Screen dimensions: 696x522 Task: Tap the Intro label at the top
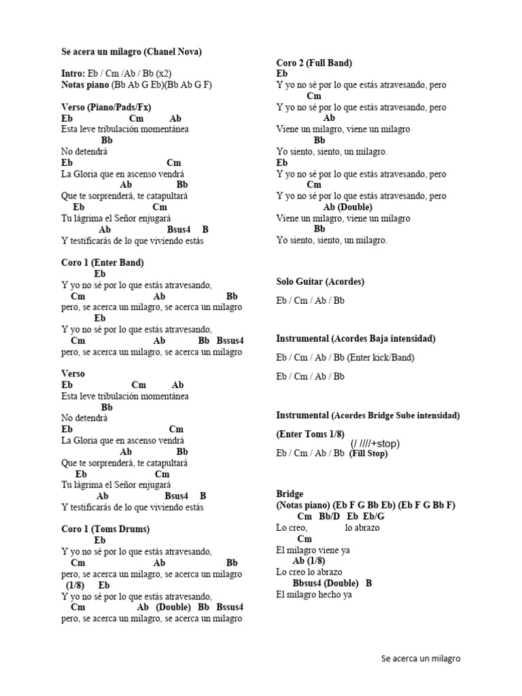[73, 73]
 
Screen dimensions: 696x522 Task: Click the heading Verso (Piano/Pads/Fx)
[105, 107]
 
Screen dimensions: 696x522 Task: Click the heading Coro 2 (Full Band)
[314, 63]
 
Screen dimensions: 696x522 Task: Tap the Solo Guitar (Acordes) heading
[320, 281]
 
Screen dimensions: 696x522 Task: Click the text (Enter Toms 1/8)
[311, 434]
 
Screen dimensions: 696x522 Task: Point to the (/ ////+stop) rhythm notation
[375, 444]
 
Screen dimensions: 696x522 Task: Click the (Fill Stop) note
[368, 454]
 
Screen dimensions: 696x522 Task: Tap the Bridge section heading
[290, 493]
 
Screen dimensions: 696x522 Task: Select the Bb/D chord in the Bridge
[329, 517]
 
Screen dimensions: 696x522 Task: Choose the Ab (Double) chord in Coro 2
[348, 207]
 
